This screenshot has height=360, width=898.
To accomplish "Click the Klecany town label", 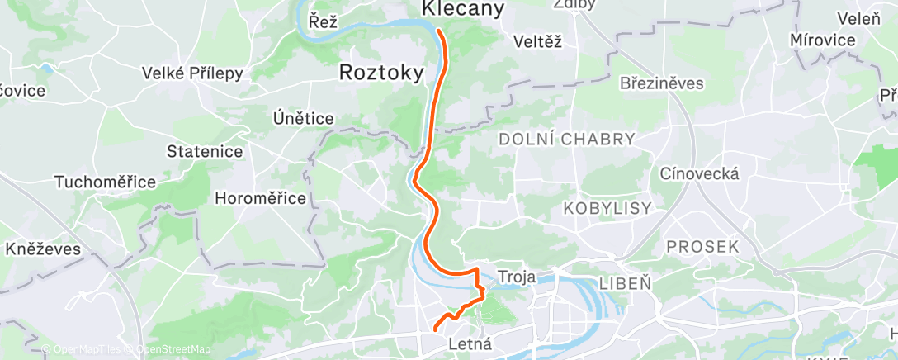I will [462, 9].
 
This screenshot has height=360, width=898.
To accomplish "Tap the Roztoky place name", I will [381, 73].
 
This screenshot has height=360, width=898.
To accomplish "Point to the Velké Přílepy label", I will [192, 73].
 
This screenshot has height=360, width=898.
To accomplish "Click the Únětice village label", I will [303, 119].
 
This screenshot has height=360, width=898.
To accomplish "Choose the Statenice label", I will [205, 151].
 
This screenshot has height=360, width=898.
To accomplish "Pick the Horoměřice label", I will [260, 198].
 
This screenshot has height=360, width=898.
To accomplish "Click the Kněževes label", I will [43, 248].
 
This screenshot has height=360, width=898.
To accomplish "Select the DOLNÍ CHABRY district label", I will [567, 140].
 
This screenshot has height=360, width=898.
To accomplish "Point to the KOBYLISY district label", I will [607, 209].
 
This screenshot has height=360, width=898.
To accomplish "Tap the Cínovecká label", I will [699, 173].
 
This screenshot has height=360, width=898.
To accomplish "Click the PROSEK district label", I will [702, 247].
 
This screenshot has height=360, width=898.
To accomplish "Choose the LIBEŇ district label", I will [625, 282].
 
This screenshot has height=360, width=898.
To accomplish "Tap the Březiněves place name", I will [661, 83].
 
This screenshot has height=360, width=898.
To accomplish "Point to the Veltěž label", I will [537, 41].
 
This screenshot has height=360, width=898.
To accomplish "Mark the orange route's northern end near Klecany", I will [439, 31].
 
